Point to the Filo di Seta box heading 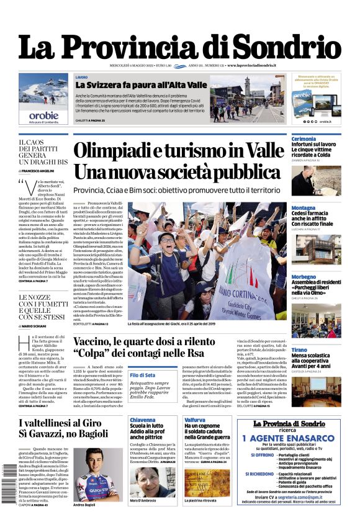(x=142, y=375)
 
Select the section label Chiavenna (x=142, y=420)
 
